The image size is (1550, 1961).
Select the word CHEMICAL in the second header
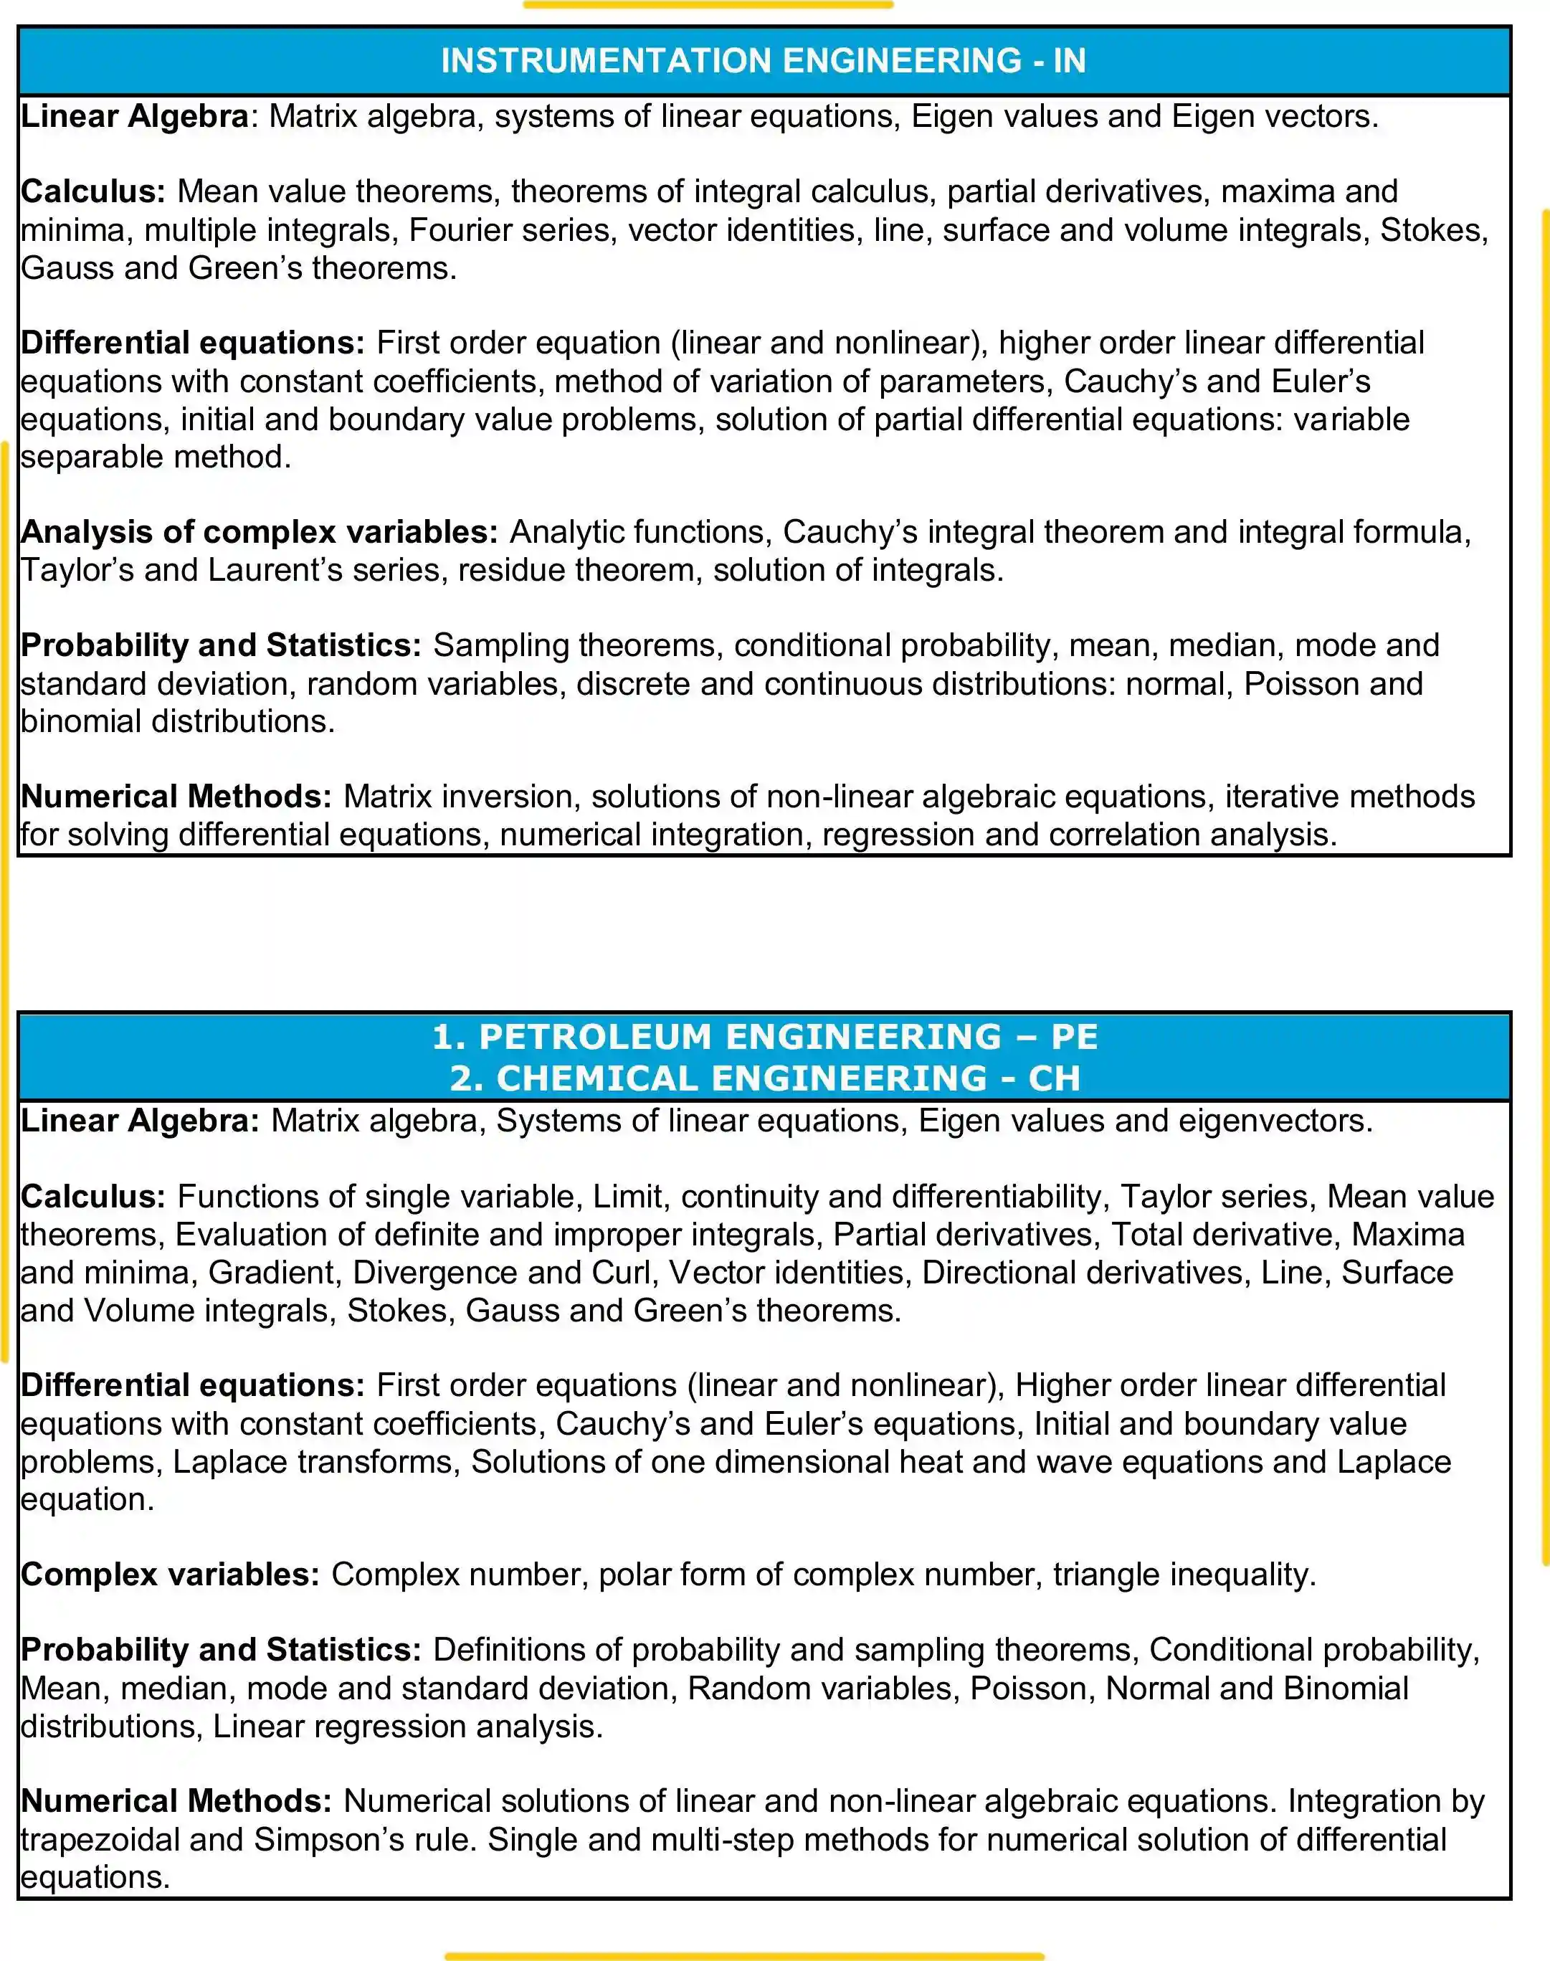pos(598,1078)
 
